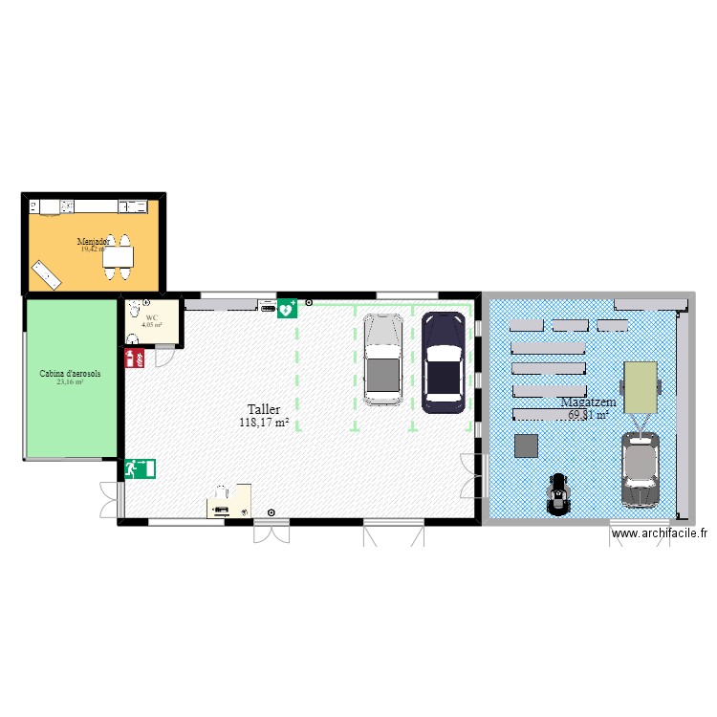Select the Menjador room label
94,242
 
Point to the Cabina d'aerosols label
70,374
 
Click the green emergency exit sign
140,468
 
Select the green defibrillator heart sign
287,309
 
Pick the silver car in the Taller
384,360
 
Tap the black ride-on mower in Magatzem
556,494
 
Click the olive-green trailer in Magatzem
641,387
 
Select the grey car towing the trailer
640,468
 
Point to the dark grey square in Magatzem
525,445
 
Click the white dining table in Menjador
119,256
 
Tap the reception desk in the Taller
229,501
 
